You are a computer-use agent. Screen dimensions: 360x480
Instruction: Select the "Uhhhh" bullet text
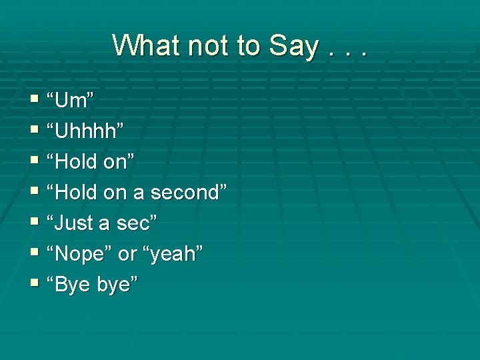coord(85,131)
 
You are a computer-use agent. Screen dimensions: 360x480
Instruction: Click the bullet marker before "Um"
coord(35,100)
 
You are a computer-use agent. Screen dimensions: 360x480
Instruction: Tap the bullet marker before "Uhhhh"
coord(35,131)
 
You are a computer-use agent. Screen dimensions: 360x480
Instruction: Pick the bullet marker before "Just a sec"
coord(35,223)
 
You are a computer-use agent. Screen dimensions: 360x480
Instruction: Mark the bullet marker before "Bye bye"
coord(35,284)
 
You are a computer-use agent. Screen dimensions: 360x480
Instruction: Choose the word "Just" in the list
coord(75,223)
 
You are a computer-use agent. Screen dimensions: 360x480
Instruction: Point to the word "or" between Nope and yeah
coord(127,253)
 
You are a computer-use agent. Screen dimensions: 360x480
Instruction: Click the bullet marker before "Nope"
coord(35,253)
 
